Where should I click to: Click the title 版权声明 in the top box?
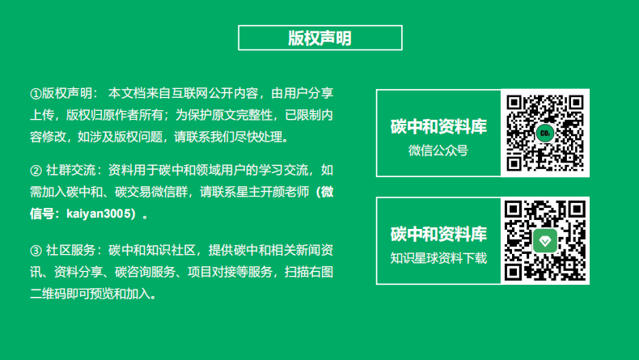(319, 38)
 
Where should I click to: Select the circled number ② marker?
(35, 172)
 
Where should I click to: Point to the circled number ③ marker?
(35, 249)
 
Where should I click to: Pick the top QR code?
(545, 133)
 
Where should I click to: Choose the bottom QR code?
(545, 241)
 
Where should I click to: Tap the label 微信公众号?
(438, 150)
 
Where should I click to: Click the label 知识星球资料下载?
(438, 258)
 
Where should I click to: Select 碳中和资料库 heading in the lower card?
(438, 235)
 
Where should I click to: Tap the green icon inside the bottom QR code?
(545, 241)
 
